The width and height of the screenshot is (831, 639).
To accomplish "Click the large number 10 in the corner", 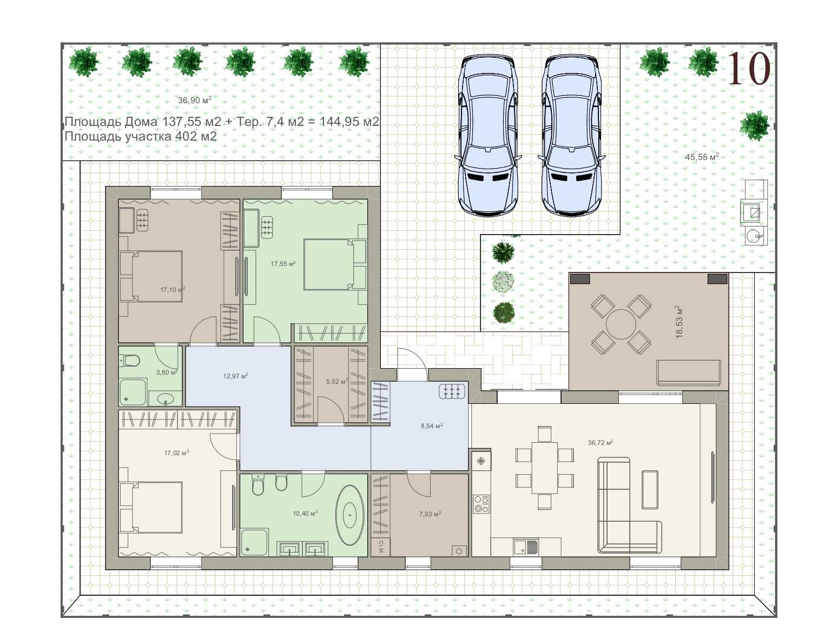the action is (748, 69).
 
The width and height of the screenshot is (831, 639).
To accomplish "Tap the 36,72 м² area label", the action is (601, 443).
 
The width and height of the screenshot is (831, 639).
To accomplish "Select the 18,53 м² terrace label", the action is (679, 321).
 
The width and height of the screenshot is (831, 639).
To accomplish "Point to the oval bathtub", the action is (349, 515).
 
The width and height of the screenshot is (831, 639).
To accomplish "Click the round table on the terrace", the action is (621, 324).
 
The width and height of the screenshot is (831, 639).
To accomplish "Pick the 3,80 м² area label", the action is (167, 372).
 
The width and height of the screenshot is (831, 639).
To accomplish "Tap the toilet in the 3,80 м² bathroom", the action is (129, 360).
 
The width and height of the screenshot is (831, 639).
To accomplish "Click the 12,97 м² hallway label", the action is (235, 376).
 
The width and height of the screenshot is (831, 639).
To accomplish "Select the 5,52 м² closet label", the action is (337, 382).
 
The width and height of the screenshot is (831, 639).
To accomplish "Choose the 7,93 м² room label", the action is (430, 514).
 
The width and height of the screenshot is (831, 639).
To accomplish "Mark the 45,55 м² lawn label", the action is (702, 157).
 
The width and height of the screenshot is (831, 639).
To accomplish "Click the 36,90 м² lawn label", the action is (195, 100).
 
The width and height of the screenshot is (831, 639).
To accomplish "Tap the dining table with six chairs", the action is (544, 468).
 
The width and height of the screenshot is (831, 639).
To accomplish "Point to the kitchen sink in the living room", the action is (526, 546).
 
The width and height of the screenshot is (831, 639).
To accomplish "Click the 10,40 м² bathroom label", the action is (305, 514).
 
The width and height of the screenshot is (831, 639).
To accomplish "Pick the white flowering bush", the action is (503, 282).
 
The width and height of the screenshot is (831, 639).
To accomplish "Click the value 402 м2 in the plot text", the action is (196, 136).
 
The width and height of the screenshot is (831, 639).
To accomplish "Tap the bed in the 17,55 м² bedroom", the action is (335, 264).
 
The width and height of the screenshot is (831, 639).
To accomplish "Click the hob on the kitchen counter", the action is (482, 504).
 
